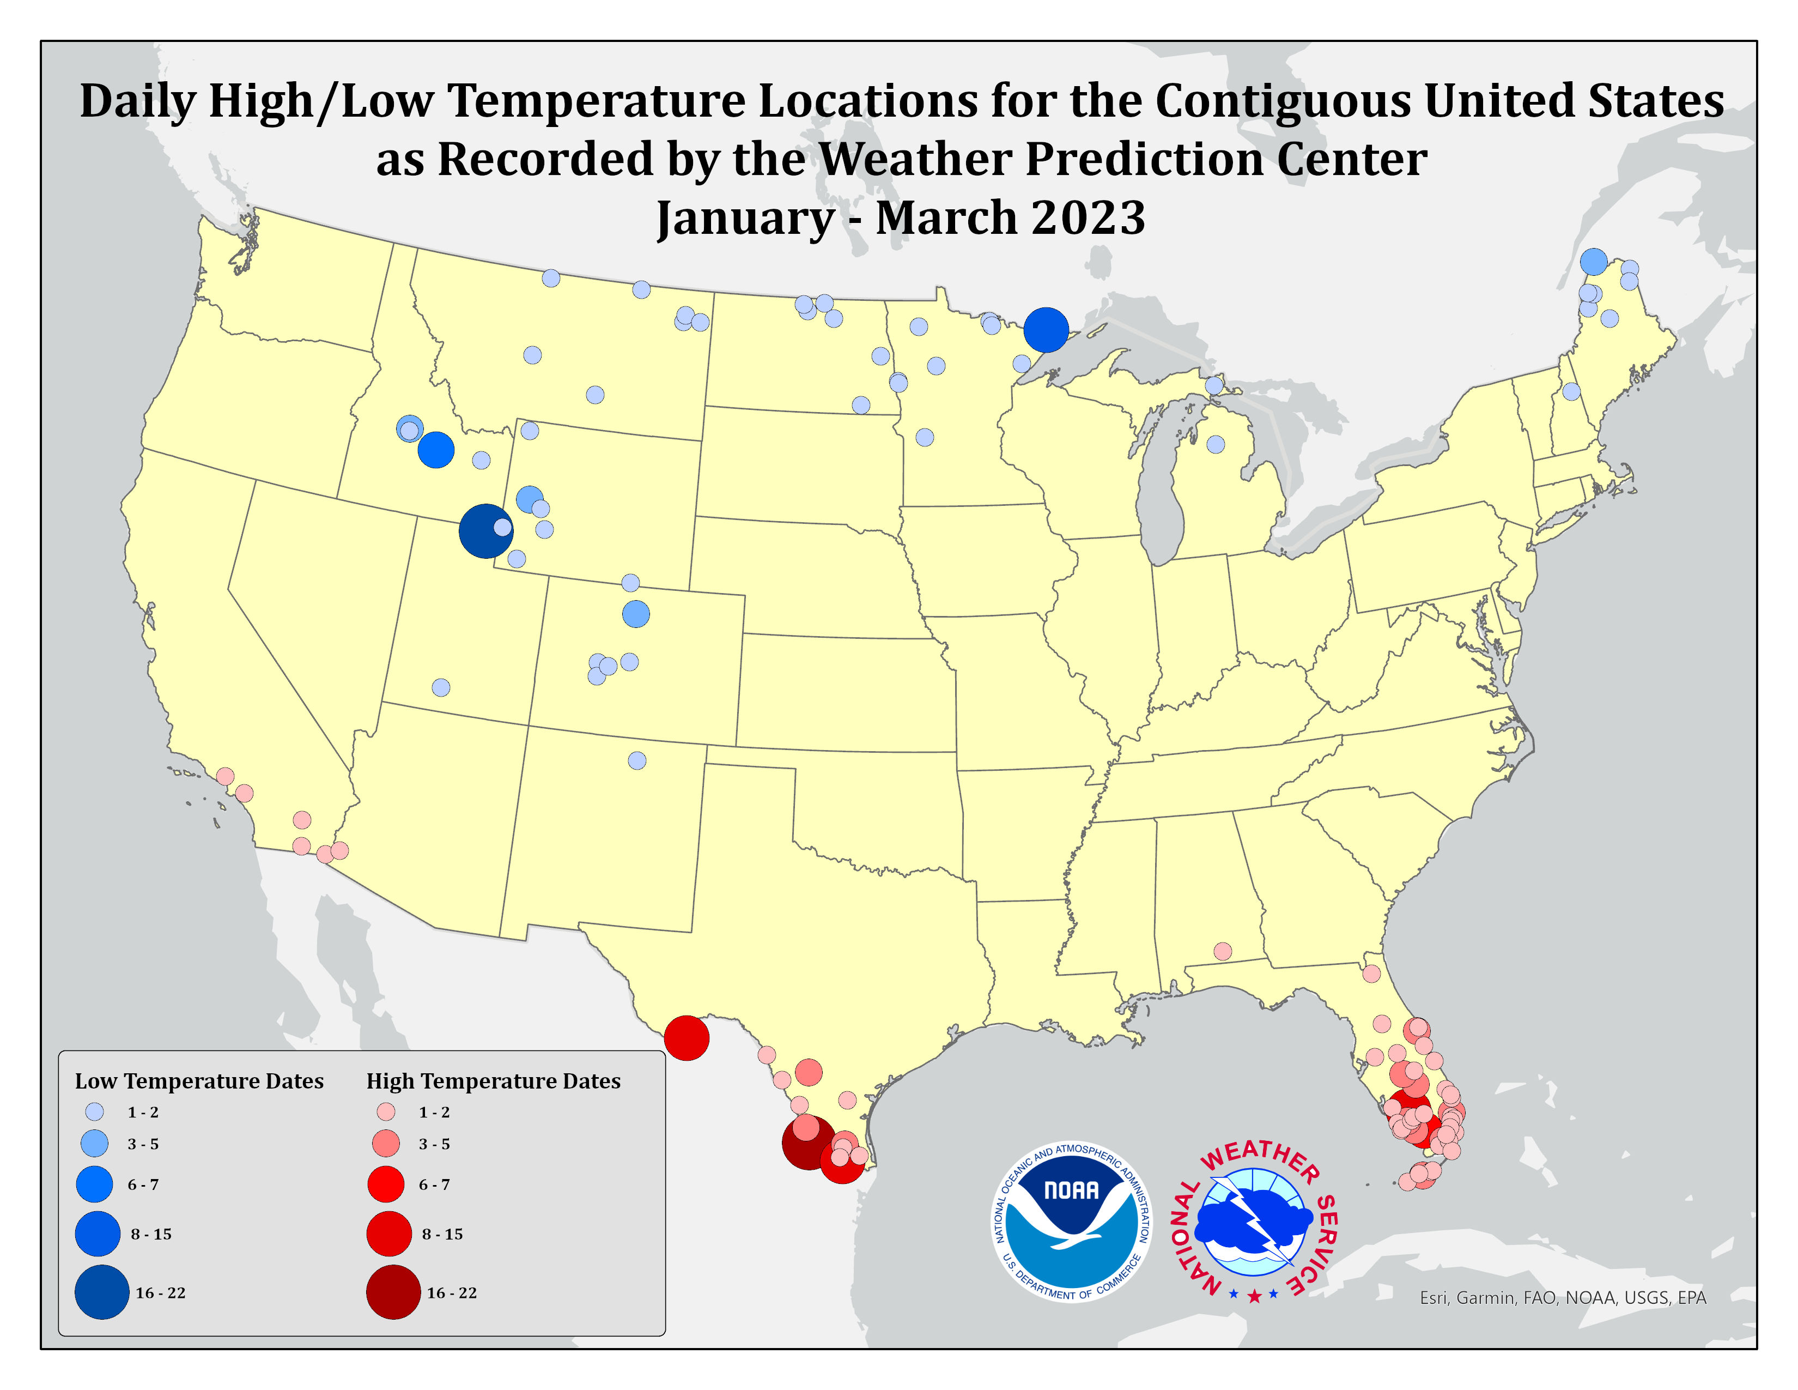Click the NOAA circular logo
1071,1223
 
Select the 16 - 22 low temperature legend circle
102,1292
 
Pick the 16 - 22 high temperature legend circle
393,1292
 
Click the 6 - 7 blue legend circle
95,1184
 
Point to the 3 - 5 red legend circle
386,1144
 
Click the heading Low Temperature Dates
199,1081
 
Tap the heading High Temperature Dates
493,1081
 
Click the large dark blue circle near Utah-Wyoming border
485,531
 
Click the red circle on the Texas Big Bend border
687,1037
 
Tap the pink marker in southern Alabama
1223,952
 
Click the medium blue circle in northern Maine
1594,261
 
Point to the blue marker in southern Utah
441,687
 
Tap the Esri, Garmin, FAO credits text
1563,1298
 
